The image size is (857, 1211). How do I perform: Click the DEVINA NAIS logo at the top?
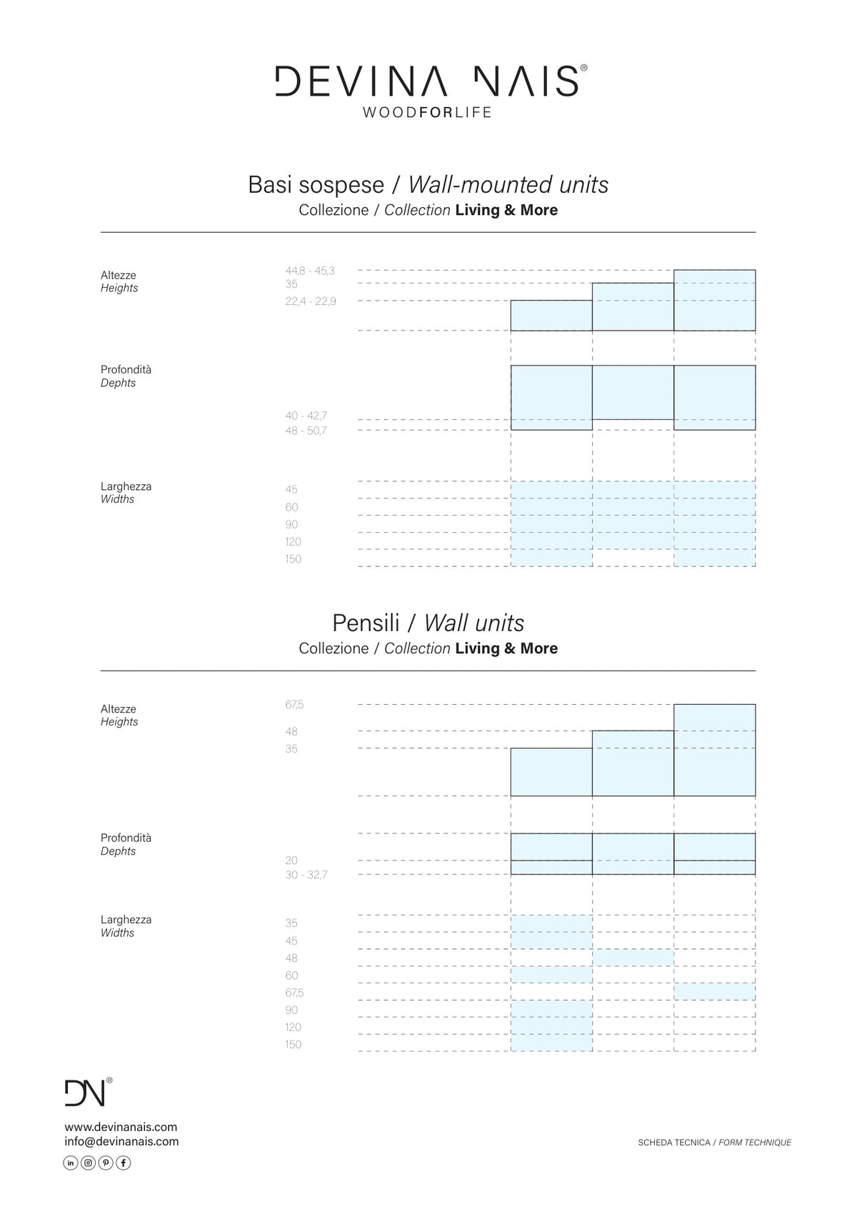point(431,81)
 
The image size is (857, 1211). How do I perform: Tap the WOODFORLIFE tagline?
point(427,112)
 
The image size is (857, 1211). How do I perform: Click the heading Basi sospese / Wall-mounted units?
point(428,185)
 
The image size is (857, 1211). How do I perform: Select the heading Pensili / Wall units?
point(428,623)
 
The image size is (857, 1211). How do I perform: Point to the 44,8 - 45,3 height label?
point(310,271)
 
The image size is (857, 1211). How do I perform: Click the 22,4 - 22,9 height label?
point(311,301)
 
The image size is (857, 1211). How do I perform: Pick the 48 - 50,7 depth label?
point(306,431)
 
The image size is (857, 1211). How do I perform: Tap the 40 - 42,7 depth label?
point(306,416)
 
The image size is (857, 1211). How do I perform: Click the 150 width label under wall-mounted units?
point(293,559)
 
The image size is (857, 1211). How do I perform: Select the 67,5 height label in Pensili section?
point(295,705)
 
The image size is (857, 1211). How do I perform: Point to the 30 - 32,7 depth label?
point(306,875)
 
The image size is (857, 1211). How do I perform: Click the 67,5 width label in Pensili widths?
point(295,993)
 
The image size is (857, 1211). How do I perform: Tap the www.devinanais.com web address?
point(121,1127)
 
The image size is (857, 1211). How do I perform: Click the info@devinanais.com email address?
point(121,1141)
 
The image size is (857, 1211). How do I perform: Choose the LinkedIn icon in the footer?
point(71,1163)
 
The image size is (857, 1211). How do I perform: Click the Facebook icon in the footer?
point(124,1163)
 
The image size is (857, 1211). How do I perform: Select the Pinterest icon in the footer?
point(106,1163)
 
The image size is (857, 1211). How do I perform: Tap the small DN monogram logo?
point(88,1092)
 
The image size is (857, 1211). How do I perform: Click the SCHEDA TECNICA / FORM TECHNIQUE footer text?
point(714,1142)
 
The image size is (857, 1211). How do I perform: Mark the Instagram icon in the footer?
point(88,1163)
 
